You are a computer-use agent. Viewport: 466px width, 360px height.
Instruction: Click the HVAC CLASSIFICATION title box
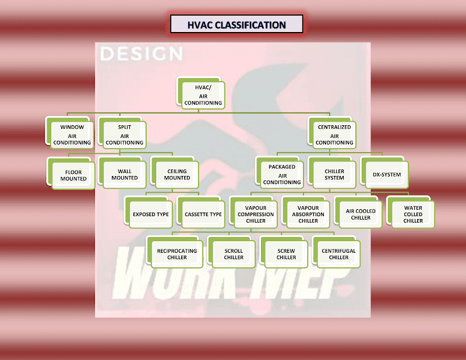coord(236,24)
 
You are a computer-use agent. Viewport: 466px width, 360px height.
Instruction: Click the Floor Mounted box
coord(73,175)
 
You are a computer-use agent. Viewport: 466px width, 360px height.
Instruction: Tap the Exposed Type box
coord(151,214)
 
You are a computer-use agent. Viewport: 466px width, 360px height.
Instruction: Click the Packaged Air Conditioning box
coord(282,174)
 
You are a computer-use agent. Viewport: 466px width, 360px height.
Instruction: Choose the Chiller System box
coord(334,174)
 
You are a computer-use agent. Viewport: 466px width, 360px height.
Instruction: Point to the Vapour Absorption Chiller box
coord(308,214)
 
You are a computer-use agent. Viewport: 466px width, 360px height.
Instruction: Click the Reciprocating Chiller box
coord(176,254)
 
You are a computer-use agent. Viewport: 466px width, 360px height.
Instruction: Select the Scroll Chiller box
coord(234,254)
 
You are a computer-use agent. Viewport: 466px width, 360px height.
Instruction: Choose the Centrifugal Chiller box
coord(338,254)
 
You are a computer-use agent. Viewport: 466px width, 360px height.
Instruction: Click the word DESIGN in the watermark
coord(142,54)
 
